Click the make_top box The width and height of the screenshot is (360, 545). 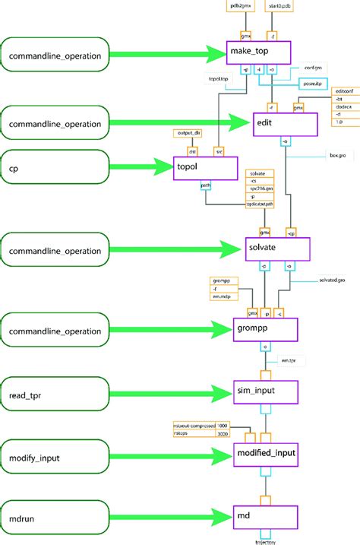258,52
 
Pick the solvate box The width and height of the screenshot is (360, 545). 279,248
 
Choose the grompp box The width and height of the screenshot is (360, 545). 264,329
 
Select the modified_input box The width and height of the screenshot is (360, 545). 264,454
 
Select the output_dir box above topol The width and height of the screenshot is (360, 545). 189,133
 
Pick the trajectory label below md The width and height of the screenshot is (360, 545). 265,541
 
